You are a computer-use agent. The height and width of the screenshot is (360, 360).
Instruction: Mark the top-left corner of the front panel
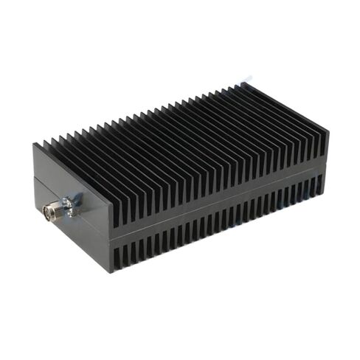pyautogui.click(x=33, y=145)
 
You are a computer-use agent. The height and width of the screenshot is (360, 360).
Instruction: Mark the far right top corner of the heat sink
pyautogui.click(x=328, y=134)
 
